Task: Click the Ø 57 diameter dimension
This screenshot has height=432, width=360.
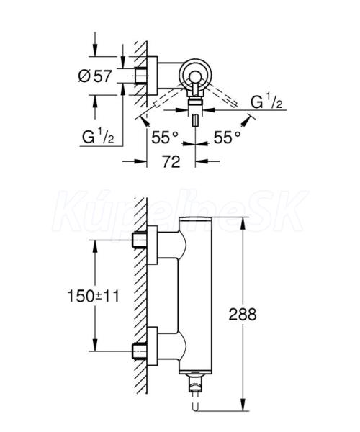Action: pos(95,76)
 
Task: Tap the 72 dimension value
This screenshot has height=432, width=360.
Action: pos(171,161)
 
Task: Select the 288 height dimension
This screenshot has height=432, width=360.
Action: pos(243,314)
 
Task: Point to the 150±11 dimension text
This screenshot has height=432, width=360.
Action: pos(94,297)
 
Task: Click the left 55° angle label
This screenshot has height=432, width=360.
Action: pos(165,138)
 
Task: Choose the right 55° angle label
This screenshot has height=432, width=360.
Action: pos(228,138)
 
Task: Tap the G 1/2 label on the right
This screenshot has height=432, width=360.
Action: pos(266,102)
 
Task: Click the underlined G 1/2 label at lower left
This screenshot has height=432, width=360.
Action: pos(98,137)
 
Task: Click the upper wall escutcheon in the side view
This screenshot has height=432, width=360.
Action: pos(153,245)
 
